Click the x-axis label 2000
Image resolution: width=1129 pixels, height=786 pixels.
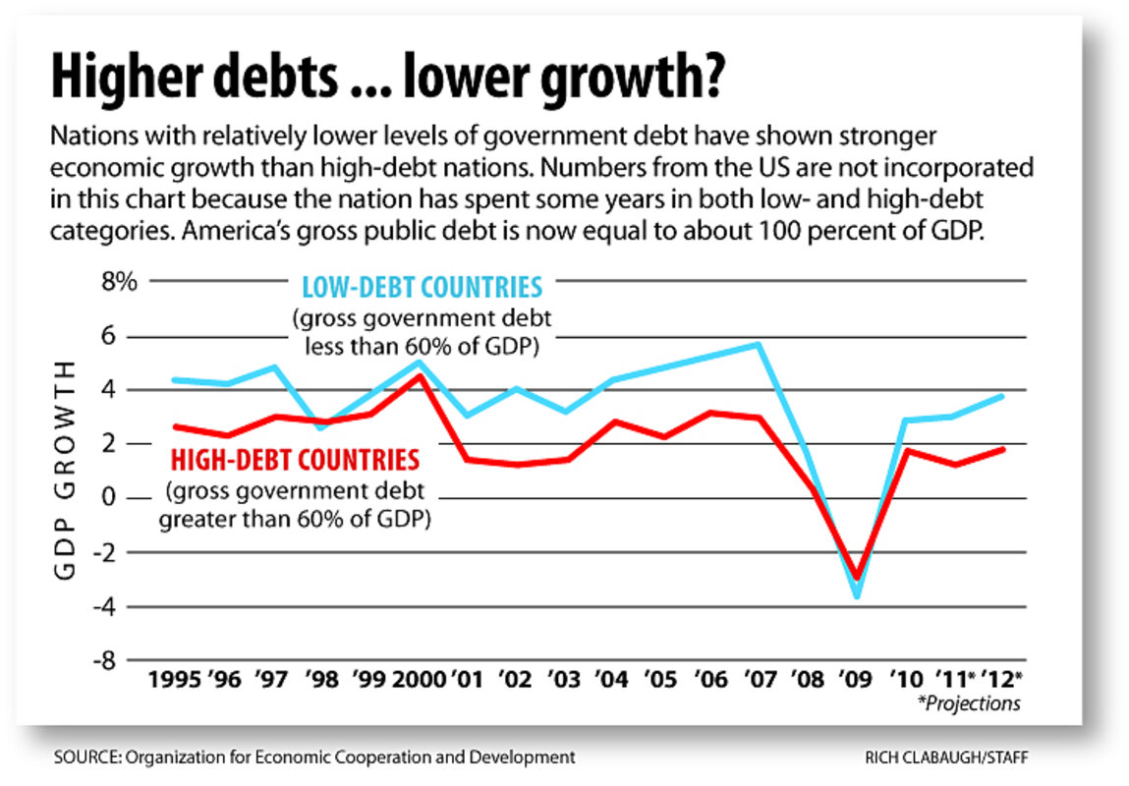(x=419, y=679)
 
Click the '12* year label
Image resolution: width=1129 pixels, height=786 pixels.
(x=1003, y=679)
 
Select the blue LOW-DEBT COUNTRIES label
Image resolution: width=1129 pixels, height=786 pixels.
(x=423, y=289)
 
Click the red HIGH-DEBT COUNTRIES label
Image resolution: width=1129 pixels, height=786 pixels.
(x=296, y=459)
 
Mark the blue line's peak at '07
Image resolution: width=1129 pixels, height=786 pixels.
(x=759, y=344)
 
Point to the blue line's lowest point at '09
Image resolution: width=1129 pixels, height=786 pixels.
(x=857, y=595)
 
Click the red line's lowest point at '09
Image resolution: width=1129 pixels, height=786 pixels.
(x=857, y=578)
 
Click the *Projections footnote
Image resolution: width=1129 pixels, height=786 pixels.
(x=969, y=702)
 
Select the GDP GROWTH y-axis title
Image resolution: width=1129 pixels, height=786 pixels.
(x=65, y=470)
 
